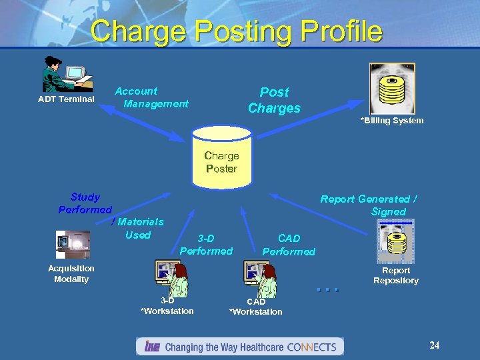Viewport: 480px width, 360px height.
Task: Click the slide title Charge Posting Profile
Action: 237,31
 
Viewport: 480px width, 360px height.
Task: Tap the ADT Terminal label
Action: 66,99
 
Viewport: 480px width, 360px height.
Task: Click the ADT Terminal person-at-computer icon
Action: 67,74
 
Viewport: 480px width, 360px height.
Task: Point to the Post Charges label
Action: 274,100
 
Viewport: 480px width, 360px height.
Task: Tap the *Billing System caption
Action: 391,121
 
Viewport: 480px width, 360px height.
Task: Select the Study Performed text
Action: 85,203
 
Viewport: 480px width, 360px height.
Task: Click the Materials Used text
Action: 140,228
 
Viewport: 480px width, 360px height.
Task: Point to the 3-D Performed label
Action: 206,245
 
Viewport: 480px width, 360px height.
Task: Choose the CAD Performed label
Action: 289,245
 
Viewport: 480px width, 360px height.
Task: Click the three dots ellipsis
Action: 328,289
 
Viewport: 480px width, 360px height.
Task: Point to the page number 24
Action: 434,345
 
